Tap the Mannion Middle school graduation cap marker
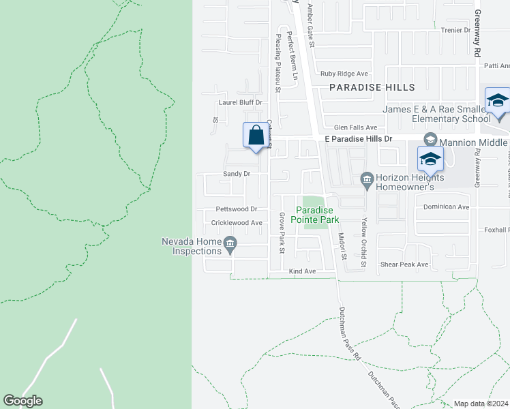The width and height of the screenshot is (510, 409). coord(430,160)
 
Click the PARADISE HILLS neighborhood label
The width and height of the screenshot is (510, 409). coord(372,87)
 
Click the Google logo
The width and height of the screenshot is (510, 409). coord(22,401)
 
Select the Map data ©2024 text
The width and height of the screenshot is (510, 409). coord(481,404)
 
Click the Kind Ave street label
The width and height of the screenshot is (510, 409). coord(303,271)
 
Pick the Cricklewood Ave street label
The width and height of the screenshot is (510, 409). coord(237,222)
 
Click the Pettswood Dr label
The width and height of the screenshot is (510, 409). coord(236,209)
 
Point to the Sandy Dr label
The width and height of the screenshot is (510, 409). coord(237,174)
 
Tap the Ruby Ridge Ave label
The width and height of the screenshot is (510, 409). coord(344,74)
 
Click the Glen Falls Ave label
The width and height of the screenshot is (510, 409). coord(355,127)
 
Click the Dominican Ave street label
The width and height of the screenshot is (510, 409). coord(447,207)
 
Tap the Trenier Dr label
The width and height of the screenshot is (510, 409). coord(457,30)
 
